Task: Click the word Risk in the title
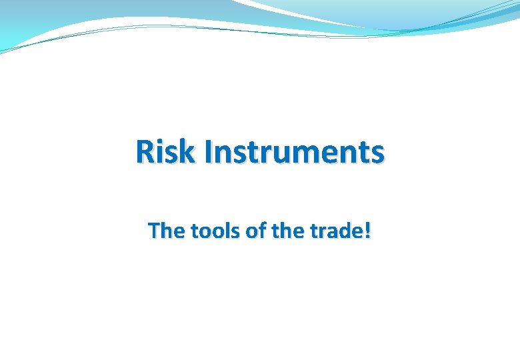tap(167, 152)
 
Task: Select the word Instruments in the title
tap(295, 152)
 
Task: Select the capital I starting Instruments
tap(209, 152)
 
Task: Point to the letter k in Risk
tap(189, 152)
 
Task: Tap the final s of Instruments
tap(377, 155)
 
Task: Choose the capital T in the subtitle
tap(153, 231)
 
